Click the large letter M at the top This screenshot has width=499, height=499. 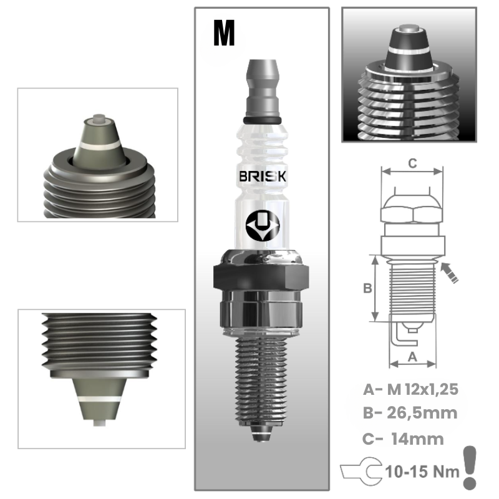[224, 34]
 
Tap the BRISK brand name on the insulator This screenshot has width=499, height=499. [263, 177]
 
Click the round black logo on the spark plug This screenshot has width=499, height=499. [262, 223]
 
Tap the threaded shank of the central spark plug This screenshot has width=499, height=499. [262, 380]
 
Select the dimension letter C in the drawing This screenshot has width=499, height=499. [412, 163]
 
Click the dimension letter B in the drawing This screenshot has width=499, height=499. [368, 288]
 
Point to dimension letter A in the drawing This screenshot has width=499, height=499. [412, 356]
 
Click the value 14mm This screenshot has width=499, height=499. [417, 438]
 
